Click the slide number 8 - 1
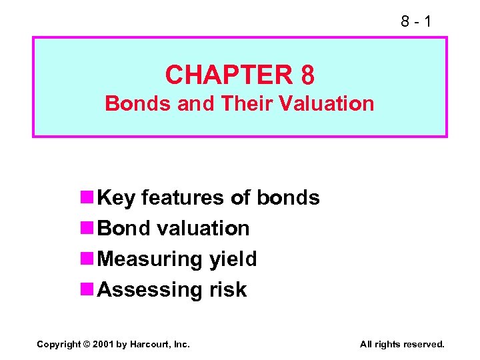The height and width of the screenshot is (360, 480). [416, 22]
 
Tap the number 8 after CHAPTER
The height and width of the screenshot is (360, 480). [307, 75]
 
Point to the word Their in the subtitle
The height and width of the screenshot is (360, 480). [246, 103]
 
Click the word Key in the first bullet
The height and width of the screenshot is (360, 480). [117, 198]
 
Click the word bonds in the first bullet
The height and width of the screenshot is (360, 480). [288, 198]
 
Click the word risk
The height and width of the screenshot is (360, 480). [227, 290]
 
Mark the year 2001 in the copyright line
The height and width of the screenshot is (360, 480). [103, 344]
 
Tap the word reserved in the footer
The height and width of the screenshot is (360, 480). [423, 344]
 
